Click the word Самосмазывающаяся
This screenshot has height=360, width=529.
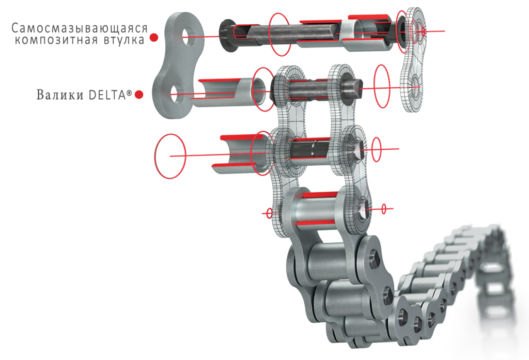click(x=80, y=28)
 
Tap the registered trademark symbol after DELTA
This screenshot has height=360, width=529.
click(x=129, y=92)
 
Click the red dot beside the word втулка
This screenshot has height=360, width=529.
click(x=154, y=37)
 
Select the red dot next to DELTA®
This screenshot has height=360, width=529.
click(x=138, y=95)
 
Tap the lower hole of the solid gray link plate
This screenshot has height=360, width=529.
click(x=176, y=94)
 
